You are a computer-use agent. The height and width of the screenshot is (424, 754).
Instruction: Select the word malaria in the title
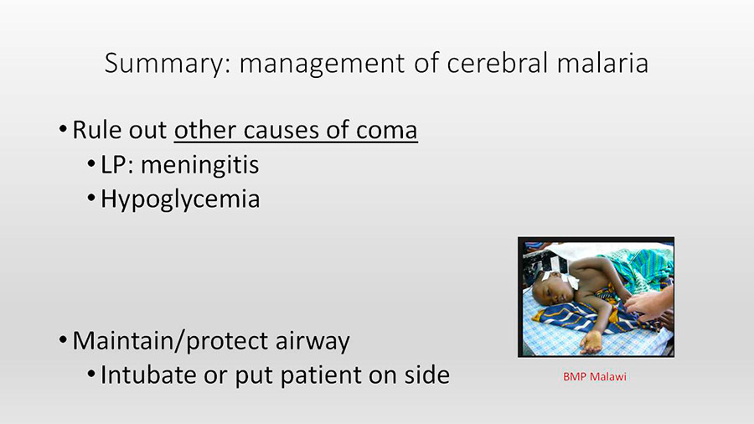(x=602, y=63)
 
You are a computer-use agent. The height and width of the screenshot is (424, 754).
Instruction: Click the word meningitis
(x=199, y=165)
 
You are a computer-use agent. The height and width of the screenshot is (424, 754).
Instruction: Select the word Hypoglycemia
(x=180, y=199)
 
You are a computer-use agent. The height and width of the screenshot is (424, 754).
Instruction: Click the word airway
(x=312, y=341)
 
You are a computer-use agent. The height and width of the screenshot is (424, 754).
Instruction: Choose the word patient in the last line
(x=321, y=376)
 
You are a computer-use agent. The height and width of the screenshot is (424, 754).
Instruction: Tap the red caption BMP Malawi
(x=595, y=376)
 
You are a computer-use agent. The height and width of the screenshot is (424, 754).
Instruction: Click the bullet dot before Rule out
(x=63, y=129)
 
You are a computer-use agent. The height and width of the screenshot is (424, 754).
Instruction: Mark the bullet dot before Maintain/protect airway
(x=63, y=340)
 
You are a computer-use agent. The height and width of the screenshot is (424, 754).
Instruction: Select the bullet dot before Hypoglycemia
(x=91, y=198)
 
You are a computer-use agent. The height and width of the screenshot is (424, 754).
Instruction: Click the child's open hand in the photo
(x=591, y=342)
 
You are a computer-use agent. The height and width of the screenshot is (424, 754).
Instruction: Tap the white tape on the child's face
(x=560, y=278)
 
